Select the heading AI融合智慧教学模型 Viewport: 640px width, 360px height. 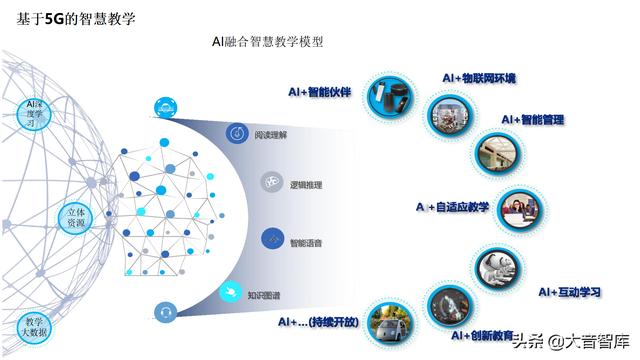pos(267,42)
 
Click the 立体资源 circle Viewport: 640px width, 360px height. pos(76,219)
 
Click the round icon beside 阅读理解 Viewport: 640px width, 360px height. pos(237,133)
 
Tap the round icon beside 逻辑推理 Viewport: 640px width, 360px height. pos(272,183)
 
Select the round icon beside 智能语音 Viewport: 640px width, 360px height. pos(272,239)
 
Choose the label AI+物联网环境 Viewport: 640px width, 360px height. pos(479,77)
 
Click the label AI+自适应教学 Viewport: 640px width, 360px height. pos(452,207)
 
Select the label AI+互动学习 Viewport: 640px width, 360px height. pos(569,291)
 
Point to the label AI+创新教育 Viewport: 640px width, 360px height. pos(482,335)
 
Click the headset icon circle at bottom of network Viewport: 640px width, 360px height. pos(165,312)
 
